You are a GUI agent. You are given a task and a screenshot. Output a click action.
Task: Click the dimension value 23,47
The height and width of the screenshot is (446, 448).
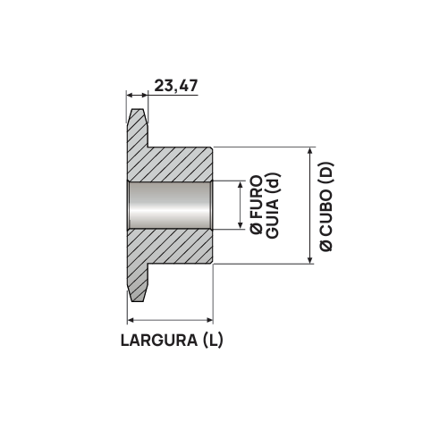click(x=175, y=86)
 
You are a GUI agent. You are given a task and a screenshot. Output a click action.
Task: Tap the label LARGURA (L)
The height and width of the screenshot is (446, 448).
click(x=171, y=340)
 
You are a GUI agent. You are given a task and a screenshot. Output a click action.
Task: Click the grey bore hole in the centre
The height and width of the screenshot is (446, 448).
click(x=170, y=206)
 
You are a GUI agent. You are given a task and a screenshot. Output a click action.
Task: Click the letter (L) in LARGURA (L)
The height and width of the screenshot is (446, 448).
click(x=213, y=340)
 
